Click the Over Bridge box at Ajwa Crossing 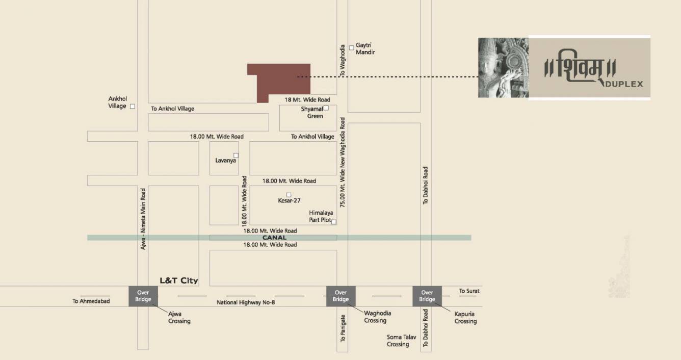click(x=143, y=296)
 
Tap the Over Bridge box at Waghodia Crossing click(x=340, y=296)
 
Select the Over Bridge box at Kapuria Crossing click(x=427, y=296)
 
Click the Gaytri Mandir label click(x=365, y=48)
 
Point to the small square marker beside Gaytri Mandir click(x=352, y=48)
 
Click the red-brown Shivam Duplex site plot click(x=278, y=80)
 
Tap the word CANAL click(x=274, y=238)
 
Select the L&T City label click(x=178, y=280)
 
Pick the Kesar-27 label click(x=289, y=201)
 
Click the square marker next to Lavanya click(x=235, y=155)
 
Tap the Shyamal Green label click(x=312, y=113)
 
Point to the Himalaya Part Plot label click(x=321, y=216)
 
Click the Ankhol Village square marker click(x=133, y=106)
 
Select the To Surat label click(x=469, y=291)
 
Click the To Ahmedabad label click(x=91, y=301)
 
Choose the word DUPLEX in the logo click(x=624, y=84)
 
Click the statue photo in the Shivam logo click(x=503, y=67)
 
